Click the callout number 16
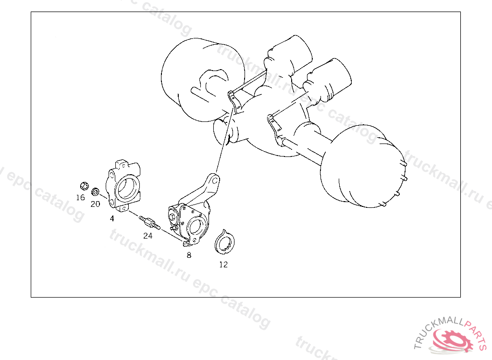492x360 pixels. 81,198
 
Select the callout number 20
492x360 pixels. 96,204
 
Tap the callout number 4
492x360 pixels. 112,218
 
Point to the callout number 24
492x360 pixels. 148,236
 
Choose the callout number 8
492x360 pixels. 189,255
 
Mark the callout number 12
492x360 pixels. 223,264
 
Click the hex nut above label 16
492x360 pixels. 85,186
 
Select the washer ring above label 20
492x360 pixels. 96,192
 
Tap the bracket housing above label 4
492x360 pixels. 123,186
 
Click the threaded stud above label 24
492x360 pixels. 150,222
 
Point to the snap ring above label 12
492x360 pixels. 225,242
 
